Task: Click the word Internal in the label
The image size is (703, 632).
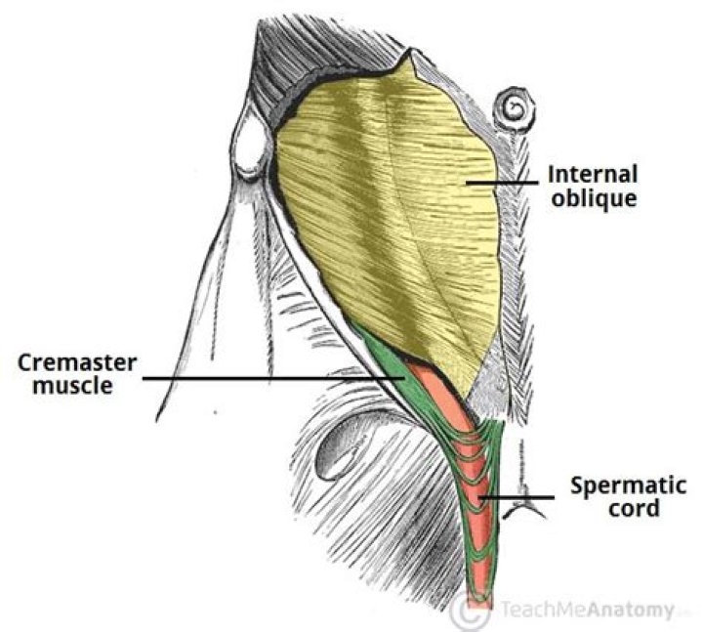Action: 592,176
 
